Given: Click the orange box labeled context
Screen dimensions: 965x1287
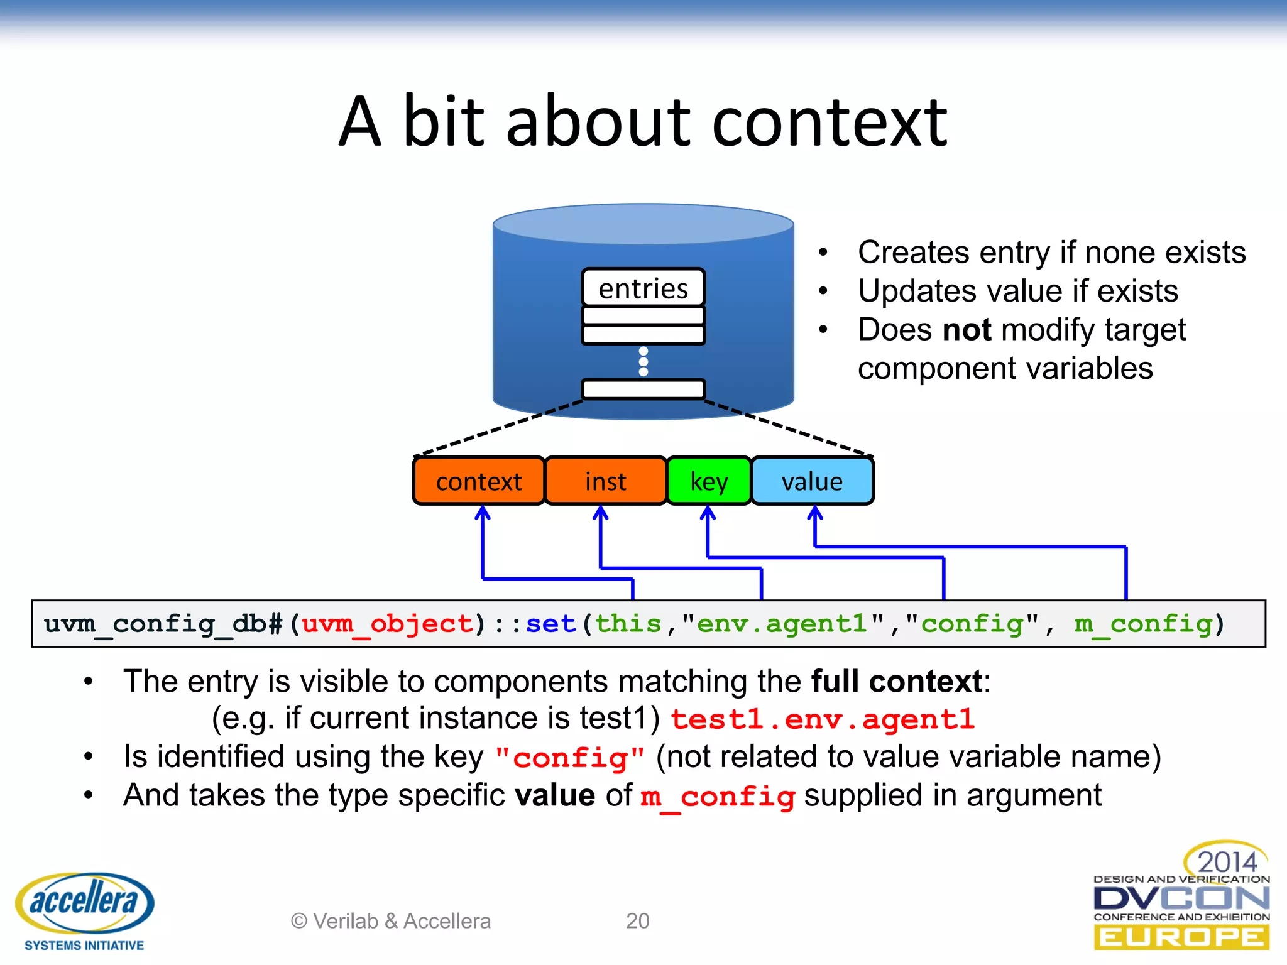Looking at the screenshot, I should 479,481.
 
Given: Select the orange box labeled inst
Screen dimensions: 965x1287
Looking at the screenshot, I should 605,481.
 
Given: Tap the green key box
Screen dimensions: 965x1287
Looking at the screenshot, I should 709,481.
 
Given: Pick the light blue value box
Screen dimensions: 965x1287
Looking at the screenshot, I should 812,481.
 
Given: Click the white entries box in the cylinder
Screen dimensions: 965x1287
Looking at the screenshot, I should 643,288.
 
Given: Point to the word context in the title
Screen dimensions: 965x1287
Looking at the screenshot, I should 830,122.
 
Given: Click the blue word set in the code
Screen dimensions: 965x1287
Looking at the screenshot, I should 550,624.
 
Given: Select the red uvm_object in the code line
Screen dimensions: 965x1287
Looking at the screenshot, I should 387,624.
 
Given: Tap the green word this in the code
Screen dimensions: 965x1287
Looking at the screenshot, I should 628,624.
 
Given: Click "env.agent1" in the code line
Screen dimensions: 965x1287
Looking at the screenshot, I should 783,624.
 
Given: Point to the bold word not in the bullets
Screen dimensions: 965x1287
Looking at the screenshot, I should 967,330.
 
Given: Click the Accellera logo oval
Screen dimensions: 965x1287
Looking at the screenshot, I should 84,902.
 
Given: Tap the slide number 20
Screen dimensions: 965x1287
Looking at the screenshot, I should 637,921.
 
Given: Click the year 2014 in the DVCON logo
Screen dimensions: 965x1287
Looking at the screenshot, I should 1227,861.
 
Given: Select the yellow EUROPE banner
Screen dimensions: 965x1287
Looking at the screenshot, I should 1181,937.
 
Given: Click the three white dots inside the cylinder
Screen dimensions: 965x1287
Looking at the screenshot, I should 643,361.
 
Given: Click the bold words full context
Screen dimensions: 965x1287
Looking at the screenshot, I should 897,682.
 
